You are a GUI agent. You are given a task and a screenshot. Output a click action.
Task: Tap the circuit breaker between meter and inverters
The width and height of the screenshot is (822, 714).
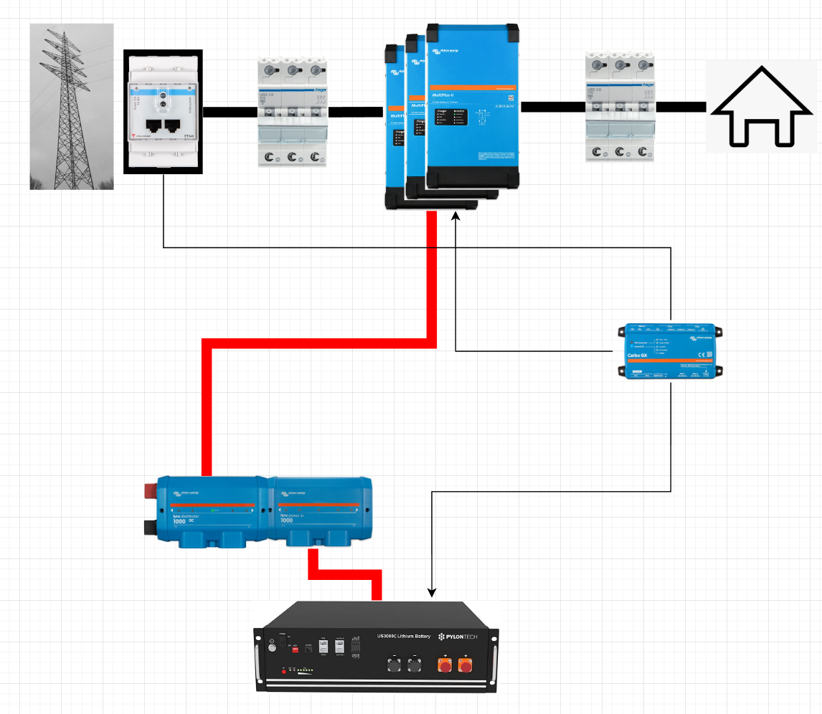click(x=292, y=112)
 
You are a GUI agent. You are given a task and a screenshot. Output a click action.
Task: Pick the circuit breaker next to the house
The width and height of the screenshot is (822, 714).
click(x=620, y=106)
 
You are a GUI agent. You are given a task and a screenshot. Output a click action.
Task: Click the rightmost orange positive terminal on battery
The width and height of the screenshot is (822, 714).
click(x=466, y=665)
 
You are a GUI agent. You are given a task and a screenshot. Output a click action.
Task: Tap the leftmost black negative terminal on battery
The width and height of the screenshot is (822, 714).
click(x=394, y=665)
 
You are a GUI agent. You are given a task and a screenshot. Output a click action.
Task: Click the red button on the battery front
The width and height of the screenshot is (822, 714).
click(x=284, y=670)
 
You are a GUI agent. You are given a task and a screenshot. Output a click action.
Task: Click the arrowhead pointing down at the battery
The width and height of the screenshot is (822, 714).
click(x=432, y=593)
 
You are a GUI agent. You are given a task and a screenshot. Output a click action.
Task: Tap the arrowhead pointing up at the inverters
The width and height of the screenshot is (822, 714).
click(x=456, y=216)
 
